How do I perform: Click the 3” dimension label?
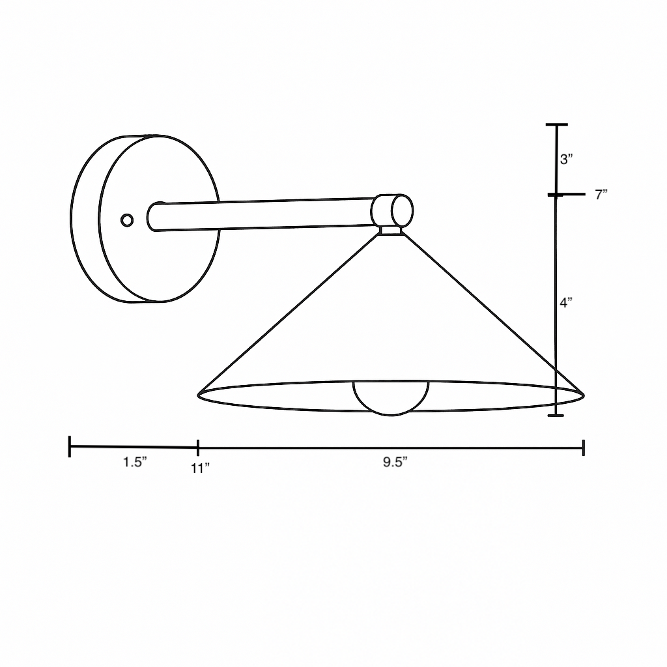(566, 159)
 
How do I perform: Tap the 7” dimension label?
(601, 194)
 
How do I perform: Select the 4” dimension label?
(566, 302)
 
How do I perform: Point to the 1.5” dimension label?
(135, 462)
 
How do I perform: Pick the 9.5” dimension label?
(395, 462)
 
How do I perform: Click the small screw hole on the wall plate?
(127, 220)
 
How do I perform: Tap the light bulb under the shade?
(391, 398)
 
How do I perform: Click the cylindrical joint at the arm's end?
(392, 210)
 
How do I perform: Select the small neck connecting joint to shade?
(391, 229)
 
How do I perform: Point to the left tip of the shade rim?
(199, 393)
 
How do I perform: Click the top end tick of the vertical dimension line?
(556, 124)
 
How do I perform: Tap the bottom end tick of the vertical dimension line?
(556, 415)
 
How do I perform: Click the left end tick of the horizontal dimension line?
(70, 447)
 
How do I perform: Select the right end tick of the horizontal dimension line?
(583, 447)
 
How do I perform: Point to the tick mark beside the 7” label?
(556, 194)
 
